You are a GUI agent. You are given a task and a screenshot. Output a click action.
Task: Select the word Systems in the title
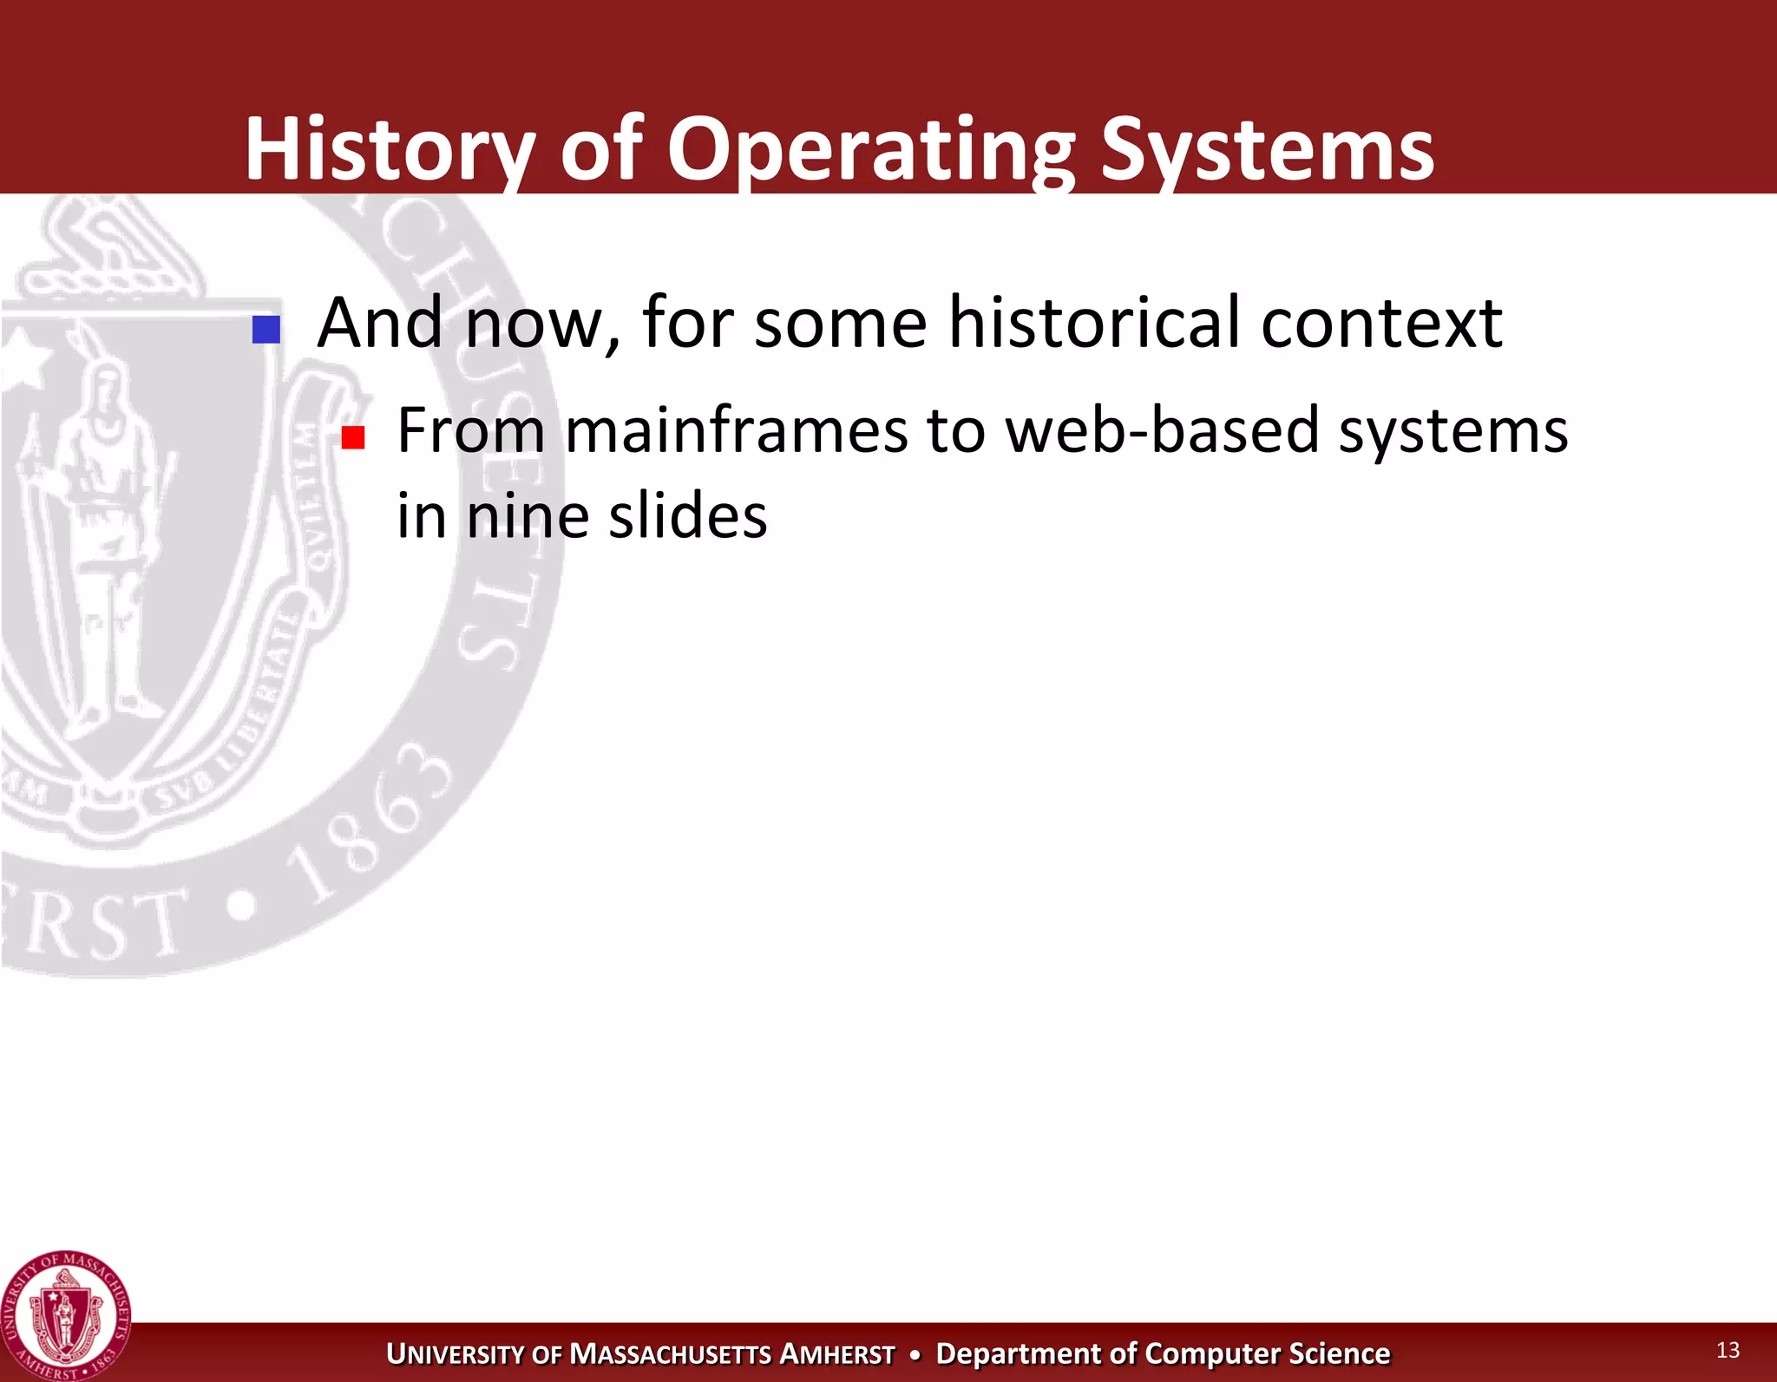[x=1267, y=149]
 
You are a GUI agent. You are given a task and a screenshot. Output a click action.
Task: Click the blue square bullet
[x=266, y=329]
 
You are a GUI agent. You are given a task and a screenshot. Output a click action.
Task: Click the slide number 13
[x=1728, y=1350]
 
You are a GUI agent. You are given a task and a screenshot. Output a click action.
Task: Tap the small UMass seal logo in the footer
[x=65, y=1315]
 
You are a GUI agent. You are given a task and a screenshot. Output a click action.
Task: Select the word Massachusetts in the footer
[x=671, y=1354]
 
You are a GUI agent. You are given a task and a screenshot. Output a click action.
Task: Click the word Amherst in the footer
[x=837, y=1354]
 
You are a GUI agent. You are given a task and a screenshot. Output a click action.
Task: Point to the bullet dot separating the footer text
[x=915, y=1354]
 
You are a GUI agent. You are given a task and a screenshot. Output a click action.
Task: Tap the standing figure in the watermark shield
[x=100, y=538]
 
